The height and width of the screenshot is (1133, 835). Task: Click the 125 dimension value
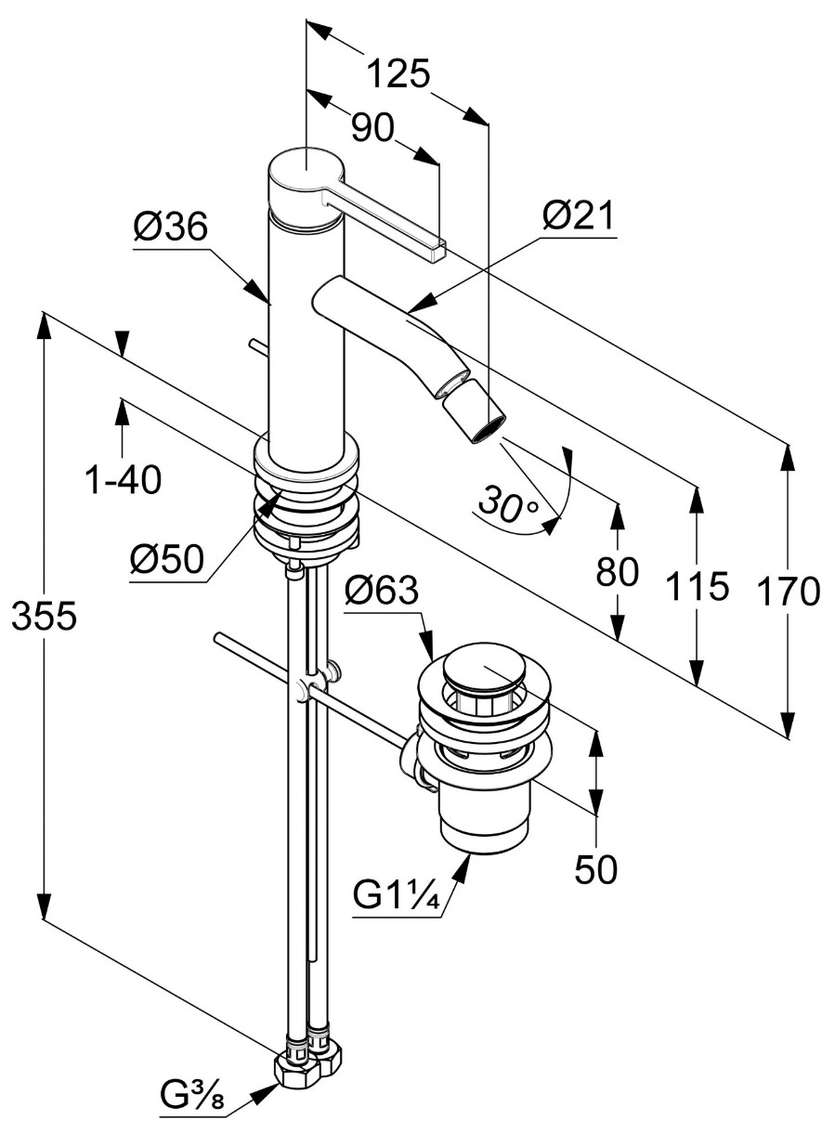pos(398,74)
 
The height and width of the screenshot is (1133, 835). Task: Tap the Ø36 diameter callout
pos(171,228)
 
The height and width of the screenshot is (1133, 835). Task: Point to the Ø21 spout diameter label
pos(578,215)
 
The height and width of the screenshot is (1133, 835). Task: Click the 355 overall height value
pos(44,617)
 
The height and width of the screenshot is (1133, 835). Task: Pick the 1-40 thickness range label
pos(124,479)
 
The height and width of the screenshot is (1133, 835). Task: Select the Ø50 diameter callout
pos(167,560)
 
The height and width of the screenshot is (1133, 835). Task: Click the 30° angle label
pos(509,503)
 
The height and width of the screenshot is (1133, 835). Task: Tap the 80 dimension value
pos(617,572)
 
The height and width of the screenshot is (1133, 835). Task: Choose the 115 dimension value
pos(698,586)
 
